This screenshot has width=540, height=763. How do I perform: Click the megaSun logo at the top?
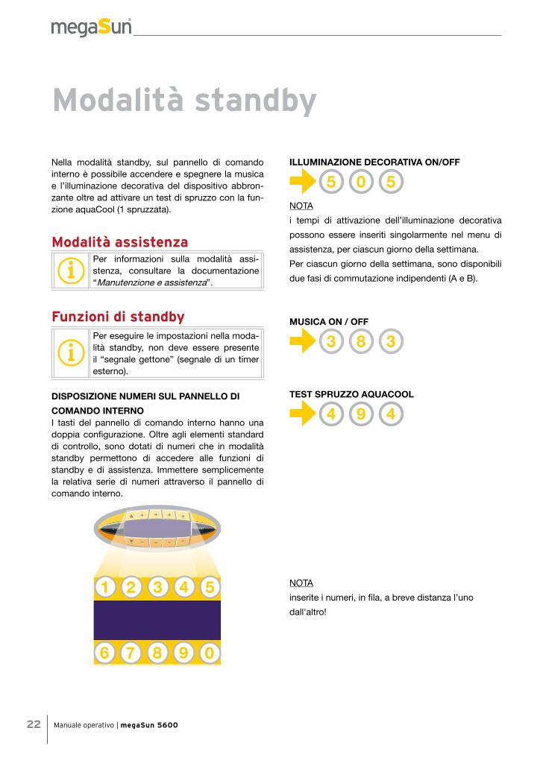point(91,28)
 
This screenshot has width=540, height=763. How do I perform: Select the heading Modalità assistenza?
point(119,242)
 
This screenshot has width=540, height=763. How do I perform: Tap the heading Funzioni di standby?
point(118,317)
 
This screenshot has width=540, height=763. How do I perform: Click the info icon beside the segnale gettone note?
point(70,352)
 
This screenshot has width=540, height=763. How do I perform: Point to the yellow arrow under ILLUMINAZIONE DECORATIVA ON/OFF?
point(303,181)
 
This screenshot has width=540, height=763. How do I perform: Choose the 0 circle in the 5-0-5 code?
point(361,181)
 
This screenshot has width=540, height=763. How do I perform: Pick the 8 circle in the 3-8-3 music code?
point(361,342)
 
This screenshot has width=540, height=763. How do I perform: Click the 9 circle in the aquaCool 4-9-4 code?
point(361,414)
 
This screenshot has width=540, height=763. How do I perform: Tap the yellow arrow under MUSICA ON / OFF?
point(303,342)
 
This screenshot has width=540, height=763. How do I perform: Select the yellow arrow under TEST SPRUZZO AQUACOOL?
point(303,414)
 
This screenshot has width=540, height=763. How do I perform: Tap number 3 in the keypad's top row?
point(157,587)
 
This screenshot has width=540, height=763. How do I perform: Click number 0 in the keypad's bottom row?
point(210,653)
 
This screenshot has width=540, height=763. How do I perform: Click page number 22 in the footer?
point(34,724)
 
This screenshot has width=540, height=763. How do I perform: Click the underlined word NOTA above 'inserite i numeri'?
point(301,583)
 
